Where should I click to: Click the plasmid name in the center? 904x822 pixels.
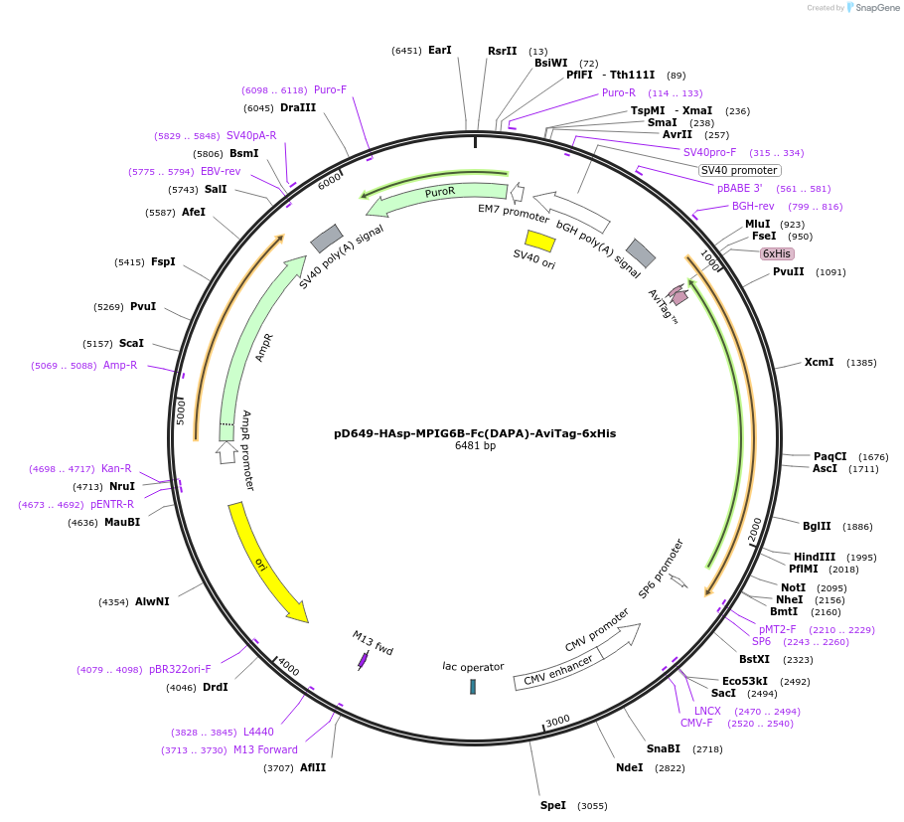coord(475,433)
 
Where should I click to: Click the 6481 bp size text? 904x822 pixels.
coord(475,446)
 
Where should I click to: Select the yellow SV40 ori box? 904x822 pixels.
coord(539,241)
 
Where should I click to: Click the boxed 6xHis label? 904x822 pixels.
coord(777,253)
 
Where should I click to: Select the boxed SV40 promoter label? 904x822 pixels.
coord(739,170)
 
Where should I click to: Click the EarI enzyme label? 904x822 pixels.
coord(439,50)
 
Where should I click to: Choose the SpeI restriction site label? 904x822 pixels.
coord(552,805)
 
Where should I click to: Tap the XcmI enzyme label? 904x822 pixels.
coord(820,363)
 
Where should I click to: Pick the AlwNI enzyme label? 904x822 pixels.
coord(152,601)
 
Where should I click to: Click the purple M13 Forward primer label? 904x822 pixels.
coord(265,749)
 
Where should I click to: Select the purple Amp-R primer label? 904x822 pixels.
coord(120,365)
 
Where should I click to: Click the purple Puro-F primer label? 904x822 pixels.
coord(330,89)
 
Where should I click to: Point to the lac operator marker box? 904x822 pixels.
coord(473,687)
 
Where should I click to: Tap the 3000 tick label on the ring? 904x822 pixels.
coord(557,720)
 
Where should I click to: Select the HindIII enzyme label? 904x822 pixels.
coord(815,557)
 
